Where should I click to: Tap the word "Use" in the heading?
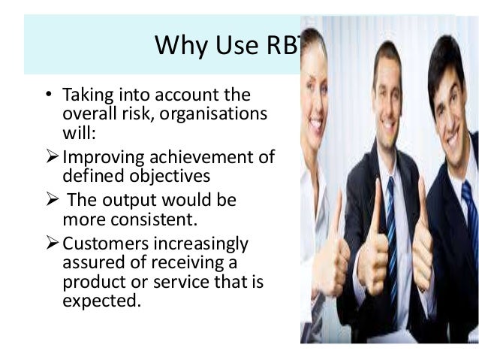click(233, 44)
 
